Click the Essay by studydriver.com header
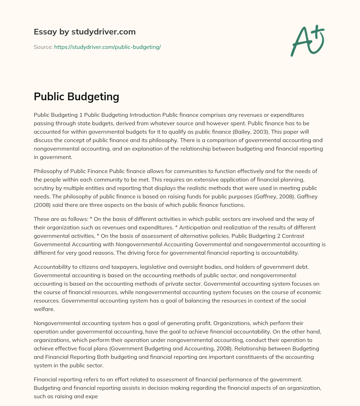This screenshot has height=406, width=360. tap(84, 32)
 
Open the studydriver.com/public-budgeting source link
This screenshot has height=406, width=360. tap(107, 47)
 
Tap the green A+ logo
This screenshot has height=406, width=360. tap(307, 41)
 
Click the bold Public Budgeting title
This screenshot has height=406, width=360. tap(76, 97)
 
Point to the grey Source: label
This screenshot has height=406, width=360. tap(43, 47)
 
